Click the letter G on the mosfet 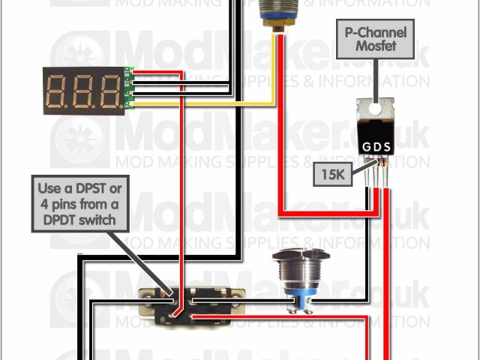(x=366, y=145)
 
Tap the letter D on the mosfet (x=376, y=145)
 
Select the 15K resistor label (x=333, y=177)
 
